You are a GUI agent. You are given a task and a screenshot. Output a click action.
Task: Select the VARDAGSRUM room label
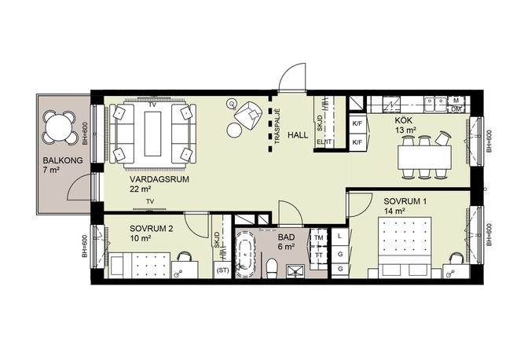[x=159, y=179]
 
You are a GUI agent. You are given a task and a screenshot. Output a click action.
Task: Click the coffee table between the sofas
[x=152, y=134]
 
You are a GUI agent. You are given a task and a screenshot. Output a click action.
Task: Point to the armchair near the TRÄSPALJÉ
[x=248, y=115]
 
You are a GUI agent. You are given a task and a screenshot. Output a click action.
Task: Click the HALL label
[x=298, y=135]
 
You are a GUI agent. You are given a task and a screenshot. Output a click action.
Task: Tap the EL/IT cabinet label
[x=324, y=142]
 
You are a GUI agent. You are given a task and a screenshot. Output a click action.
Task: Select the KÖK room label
[x=403, y=120]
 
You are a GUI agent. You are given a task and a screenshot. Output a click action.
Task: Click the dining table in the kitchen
[x=424, y=157]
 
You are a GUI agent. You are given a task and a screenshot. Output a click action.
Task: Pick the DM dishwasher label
[x=456, y=109]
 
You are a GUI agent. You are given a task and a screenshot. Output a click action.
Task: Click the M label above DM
[x=456, y=101]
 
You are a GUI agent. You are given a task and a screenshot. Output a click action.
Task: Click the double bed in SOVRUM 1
[x=405, y=248]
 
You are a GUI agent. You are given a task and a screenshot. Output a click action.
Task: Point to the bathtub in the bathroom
[x=246, y=254]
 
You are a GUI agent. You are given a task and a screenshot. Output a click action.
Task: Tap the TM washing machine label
[x=319, y=237]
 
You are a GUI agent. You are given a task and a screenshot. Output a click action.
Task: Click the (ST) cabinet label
[x=222, y=270]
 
